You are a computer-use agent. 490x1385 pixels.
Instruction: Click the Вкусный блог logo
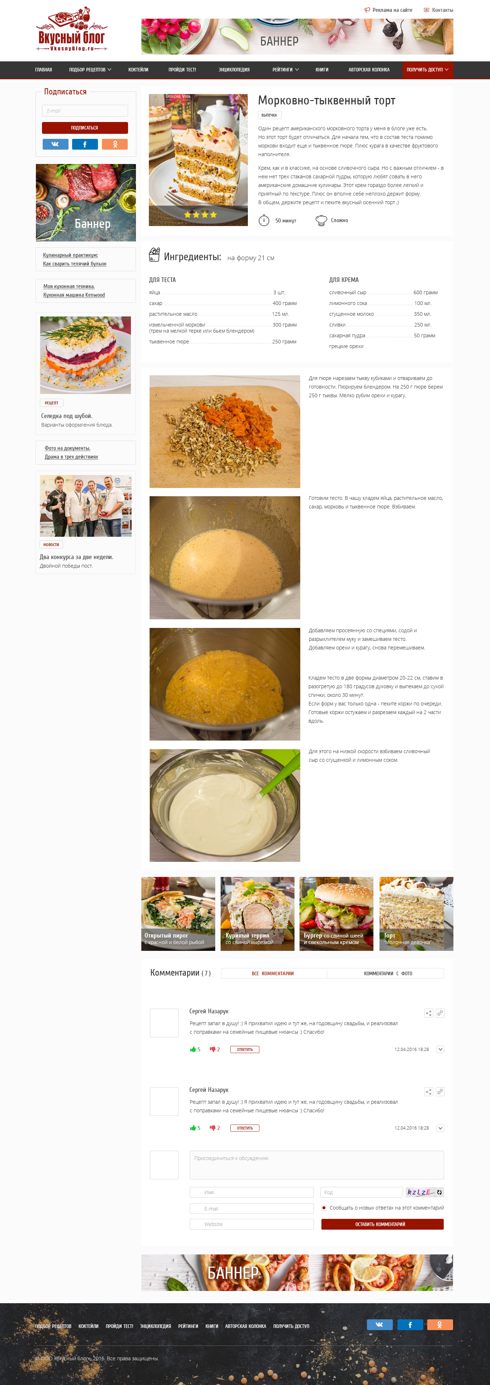(x=71, y=30)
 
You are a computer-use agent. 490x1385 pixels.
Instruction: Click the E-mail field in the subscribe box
(x=85, y=111)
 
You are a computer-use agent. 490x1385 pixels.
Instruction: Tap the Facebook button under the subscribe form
(x=85, y=144)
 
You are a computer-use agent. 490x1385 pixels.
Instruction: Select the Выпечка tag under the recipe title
(x=269, y=115)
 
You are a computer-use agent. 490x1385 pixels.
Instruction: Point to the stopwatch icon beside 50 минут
(x=264, y=220)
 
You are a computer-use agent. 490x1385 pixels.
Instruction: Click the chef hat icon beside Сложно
(x=321, y=220)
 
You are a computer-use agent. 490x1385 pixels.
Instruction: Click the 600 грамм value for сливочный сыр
(x=425, y=292)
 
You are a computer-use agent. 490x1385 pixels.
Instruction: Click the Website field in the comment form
(x=251, y=1224)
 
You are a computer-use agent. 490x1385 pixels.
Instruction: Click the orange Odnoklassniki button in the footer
(x=439, y=1325)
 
